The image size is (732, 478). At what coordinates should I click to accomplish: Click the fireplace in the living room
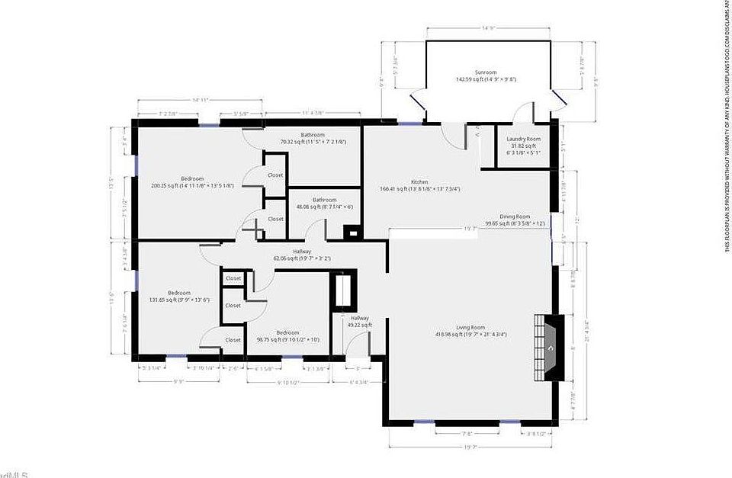pos(549,348)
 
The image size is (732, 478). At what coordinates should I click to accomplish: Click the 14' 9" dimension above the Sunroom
pos(488,29)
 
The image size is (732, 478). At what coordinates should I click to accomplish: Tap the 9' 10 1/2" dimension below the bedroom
pos(287,382)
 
